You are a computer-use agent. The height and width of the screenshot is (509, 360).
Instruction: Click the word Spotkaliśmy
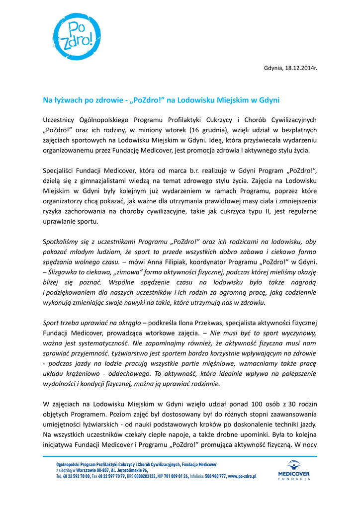coord(62,242)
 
